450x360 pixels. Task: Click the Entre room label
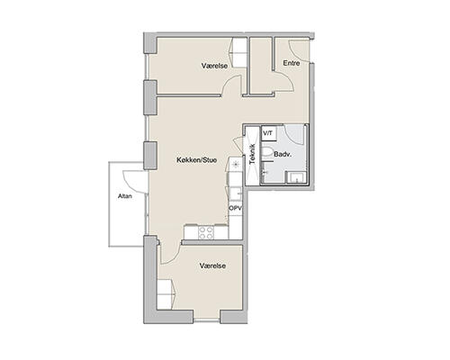[292, 63]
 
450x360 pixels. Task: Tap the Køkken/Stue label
[197, 160]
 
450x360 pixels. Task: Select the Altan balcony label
[125, 196]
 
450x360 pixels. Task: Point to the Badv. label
[283, 155]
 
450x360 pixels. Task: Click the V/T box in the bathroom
[268, 133]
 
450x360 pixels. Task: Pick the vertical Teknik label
[252, 155]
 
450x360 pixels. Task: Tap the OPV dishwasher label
[236, 208]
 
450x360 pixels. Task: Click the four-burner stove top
[206, 232]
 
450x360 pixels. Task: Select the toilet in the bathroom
[266, 152]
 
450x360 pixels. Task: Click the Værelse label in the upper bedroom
[214, 66]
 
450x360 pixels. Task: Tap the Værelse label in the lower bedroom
[212, 265]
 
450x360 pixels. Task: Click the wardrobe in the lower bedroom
[166, 294]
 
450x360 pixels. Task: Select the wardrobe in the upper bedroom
[238, 53]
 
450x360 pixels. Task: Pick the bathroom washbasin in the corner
[296, 177]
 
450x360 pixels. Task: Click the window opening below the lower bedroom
[207, 320]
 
